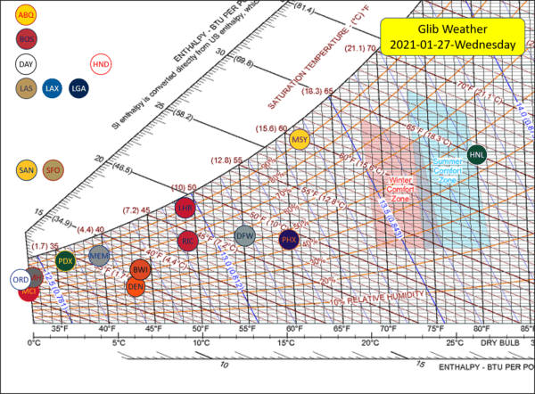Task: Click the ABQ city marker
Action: (x=26, y=15)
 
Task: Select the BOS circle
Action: (x=26, y=38)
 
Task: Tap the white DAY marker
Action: (x=26, y=63)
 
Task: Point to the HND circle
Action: (x=101, y=63)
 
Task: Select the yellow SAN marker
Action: (x=27, y=168)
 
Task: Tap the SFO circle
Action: (x=53, y=168)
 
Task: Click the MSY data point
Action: (x=300, y=139)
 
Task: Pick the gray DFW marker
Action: (x=245, y=236)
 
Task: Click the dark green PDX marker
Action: (x=65, y=261)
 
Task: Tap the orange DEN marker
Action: (x=136, y=286)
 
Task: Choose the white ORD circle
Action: (x=20, y=279)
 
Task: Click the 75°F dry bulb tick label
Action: (x=434, y=328)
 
